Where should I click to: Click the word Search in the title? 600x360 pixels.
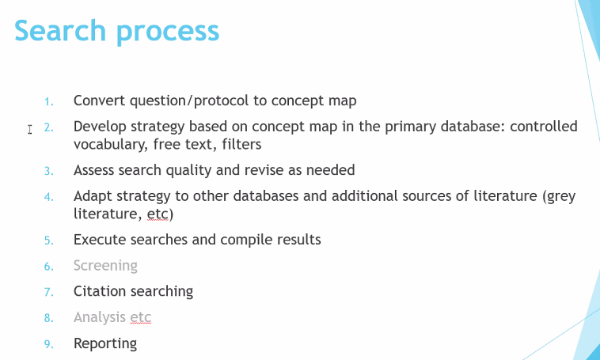point(60,30)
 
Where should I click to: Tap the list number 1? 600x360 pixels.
point(48,102)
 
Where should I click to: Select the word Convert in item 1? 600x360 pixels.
point(100,100)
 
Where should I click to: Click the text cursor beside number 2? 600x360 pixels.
point(30,129)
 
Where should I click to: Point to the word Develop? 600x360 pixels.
point(100,127)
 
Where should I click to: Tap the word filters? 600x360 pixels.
point(241,144)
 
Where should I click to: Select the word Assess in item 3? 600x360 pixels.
point(94,170)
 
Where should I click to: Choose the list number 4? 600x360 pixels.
point(48,197)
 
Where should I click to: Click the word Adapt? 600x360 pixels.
point(93,197)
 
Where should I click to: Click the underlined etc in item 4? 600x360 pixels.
point(158,214)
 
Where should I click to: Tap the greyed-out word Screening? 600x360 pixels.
point(105,267)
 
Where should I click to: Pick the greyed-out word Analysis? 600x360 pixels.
point(100,318)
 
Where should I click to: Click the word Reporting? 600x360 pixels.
point(105,344)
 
